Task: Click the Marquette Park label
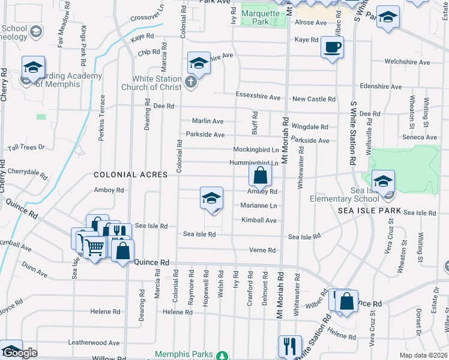coord(261,17)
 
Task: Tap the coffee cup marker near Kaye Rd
coord(332,47)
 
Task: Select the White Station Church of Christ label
coord(157,83)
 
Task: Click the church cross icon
coord(191,83)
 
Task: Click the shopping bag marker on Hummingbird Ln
coord(260,175)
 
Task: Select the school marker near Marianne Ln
coord(211,198)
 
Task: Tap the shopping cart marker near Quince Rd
coord(94,246)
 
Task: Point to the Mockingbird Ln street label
coord(256,149)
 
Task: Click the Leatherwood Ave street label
coord(94,343)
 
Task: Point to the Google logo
coord(19,353)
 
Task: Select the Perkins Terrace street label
coord(103,114)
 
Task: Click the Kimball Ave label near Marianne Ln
coord(259,220)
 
